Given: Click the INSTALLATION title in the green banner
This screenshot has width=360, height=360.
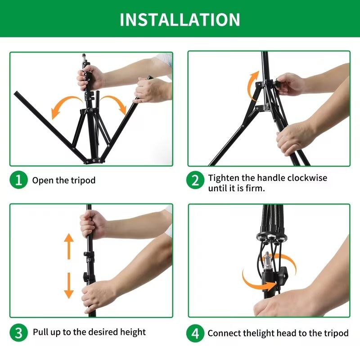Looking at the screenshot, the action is point(180,20).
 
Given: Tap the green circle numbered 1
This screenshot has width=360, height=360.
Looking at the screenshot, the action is point(18,180).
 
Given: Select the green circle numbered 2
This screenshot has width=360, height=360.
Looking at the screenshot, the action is point(195,180).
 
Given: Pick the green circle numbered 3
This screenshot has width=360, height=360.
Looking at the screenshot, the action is point(18,333).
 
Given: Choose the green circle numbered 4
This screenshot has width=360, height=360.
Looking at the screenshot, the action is point(195,333).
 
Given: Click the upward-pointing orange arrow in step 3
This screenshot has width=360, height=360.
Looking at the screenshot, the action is point(69,246).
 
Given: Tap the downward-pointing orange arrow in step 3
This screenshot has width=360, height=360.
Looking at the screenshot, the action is point(69,286).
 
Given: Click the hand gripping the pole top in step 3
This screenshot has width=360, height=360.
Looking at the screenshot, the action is point(92,224).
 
